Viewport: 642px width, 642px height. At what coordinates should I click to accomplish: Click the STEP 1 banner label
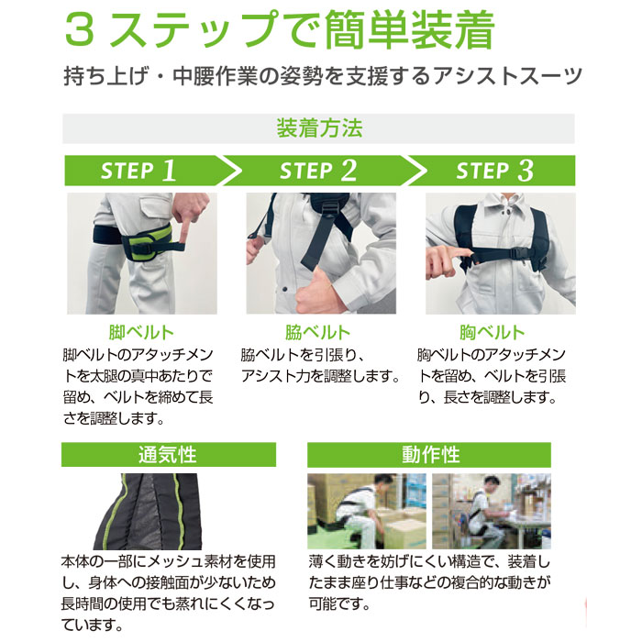(138, 171)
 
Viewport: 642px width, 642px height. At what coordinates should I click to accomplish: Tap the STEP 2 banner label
(318, 171)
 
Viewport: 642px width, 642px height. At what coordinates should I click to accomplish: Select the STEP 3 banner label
(494, 171)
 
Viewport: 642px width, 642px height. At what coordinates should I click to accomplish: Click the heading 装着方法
(319, 128)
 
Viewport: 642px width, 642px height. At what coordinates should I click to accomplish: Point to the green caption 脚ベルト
(141, 332)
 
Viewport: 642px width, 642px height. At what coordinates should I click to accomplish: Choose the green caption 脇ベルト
(317, 332)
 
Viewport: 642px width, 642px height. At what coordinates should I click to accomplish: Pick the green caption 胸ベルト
(493, 332)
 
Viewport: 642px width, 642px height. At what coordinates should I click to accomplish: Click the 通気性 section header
(168, 455)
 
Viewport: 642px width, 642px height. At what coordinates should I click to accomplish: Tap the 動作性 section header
(431, 455)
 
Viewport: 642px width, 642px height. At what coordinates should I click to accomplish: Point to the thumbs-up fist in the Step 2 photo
(315, 289)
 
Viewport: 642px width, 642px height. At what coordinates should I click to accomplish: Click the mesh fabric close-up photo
(148, 512)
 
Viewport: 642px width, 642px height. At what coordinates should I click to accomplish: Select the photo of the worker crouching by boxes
(367, 512)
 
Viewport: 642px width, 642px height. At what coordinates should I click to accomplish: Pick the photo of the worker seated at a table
(492, 512)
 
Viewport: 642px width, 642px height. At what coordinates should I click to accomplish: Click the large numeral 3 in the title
(80, 30)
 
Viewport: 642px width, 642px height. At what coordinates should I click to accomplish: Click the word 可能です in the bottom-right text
(339, 603)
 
